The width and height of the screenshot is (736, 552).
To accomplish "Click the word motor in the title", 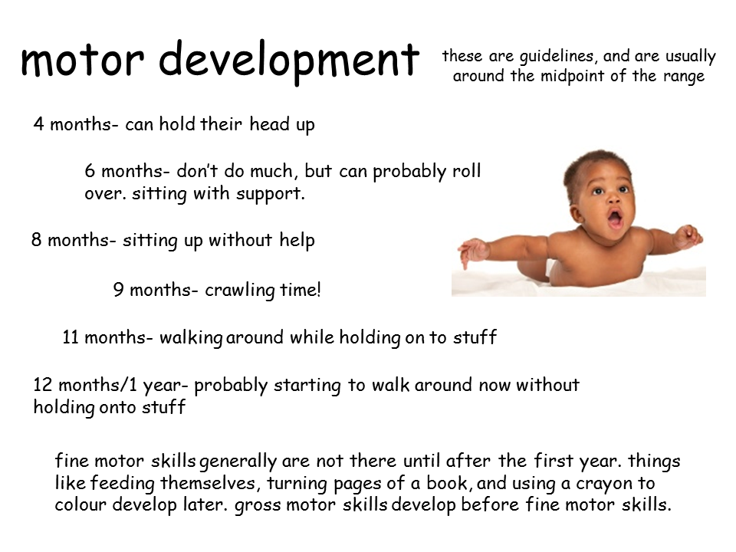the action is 83,60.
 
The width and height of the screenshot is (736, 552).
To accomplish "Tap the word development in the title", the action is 289,62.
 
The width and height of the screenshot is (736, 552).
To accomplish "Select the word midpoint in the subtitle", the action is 572,76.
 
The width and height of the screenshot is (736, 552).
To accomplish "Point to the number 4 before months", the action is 38,124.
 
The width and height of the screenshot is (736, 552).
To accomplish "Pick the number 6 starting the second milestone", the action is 90,171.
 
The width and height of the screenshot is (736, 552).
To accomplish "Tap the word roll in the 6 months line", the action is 467,170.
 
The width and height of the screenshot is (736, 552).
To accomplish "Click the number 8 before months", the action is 37,240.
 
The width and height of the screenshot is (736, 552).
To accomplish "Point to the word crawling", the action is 240,290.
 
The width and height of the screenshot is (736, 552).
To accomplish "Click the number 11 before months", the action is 71,337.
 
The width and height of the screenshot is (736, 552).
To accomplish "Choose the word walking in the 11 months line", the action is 191,338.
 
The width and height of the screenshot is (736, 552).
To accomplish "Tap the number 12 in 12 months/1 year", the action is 42,385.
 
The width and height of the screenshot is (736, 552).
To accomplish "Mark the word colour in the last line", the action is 80,505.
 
